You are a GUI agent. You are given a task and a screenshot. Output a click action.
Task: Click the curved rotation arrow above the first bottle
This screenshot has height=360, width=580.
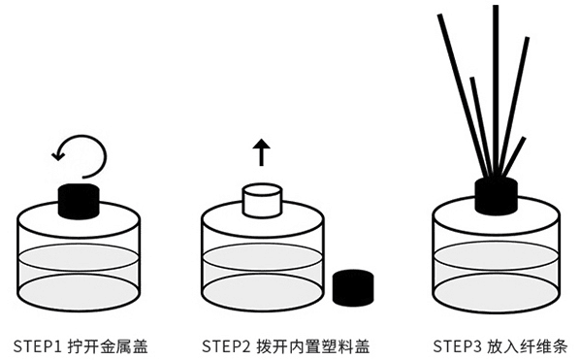[105, 155]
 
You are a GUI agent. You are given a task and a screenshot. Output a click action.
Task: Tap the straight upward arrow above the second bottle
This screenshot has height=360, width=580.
[262, 152]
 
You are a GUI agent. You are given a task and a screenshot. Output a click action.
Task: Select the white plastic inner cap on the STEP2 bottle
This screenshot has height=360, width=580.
[262, 200]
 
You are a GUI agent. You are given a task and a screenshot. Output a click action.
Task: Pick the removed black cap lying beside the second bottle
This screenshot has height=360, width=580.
[353, 287]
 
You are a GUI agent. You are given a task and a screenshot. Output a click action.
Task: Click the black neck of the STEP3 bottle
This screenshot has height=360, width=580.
[496, 196]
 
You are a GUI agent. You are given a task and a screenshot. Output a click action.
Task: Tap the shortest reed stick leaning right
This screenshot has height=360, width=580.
[514, 157]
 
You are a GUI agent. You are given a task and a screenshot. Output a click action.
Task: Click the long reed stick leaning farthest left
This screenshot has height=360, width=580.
[464, 96]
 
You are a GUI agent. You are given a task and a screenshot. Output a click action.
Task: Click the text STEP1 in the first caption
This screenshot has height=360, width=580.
[39, 346]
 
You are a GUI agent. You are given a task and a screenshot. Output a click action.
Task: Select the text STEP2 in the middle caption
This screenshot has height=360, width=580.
[226, 346]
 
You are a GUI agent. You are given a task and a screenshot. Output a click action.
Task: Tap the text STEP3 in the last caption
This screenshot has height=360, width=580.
[458, 346]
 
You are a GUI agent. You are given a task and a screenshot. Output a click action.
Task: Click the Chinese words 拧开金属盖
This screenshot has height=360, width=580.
[108, 346]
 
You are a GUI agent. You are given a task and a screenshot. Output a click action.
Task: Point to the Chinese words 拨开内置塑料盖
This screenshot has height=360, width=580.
[313, 346]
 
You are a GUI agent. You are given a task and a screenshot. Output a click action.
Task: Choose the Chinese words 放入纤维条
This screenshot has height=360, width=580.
[527, 346]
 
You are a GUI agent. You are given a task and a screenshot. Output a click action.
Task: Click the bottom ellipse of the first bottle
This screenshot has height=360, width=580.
[79, 292]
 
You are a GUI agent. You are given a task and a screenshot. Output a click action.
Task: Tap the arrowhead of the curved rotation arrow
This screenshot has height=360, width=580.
[57, 154]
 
